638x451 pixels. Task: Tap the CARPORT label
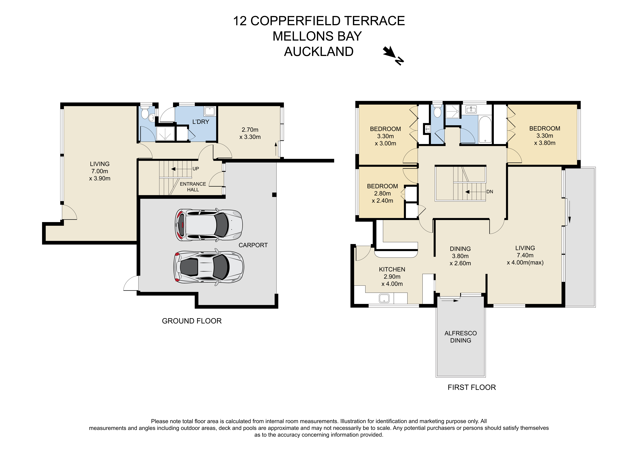[253, 245]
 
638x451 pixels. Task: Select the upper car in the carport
[209, 225]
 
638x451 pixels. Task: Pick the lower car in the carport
[209, 267]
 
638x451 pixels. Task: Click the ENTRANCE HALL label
[193, 187]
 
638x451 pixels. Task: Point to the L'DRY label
[201, 122]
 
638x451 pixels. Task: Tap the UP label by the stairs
[196, 169]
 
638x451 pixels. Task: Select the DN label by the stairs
[490, 192]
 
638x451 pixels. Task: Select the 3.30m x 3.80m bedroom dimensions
[545, 139]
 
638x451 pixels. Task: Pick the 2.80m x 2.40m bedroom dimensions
[382, 197]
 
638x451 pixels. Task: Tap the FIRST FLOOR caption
[472, 387]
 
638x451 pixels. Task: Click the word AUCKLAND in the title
[319, 52]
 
